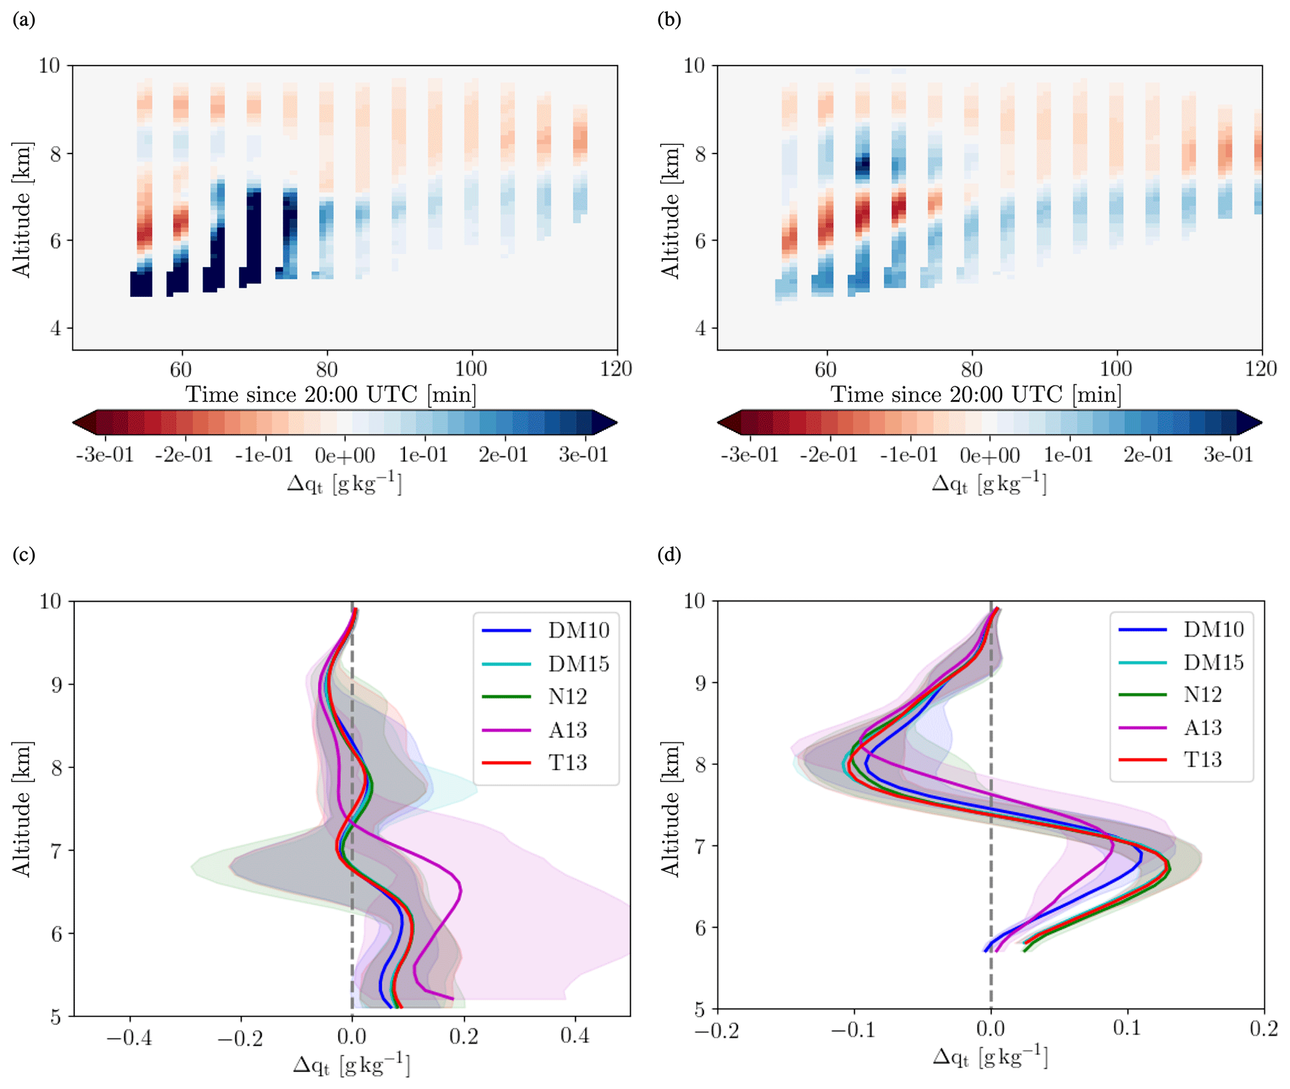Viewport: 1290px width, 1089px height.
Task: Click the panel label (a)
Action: coord(24,20)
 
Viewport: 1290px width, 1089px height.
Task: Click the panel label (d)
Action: coord(669,555)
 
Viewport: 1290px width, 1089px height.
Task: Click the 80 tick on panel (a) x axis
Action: coord(326,369)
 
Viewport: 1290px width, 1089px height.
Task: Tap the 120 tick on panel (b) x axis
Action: coord(1261,369)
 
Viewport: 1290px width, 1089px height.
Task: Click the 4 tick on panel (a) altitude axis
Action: coord(56,328)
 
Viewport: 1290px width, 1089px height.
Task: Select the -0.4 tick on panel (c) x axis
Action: coord(129,1037)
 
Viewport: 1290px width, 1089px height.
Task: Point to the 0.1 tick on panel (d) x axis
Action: coord(1127,1028)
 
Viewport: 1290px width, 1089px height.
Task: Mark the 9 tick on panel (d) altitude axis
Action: coord(701,683)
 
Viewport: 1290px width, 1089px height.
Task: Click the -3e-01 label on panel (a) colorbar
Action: coord(105,455)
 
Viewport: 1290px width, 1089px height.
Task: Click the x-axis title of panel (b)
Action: coord(975,395)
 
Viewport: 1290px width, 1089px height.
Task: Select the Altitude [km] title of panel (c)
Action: coord(22,809)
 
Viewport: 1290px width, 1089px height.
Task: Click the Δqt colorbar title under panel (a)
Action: coord(344,484)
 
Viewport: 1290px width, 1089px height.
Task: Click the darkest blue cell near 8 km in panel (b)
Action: coord(862,165)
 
